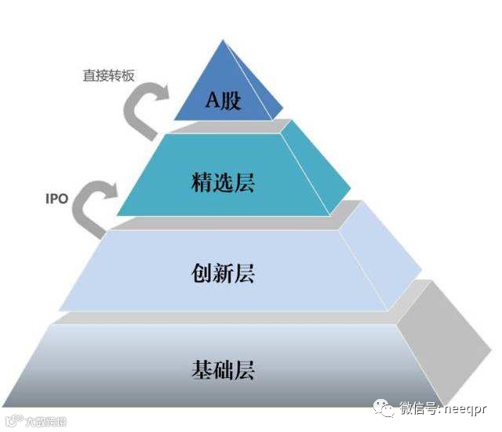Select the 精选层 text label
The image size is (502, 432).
coord(224,184)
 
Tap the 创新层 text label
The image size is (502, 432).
coord(224,273)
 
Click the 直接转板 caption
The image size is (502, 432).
coord(109,75)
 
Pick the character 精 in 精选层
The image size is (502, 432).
coord(200,184)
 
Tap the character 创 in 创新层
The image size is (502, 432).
coord(201,273)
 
